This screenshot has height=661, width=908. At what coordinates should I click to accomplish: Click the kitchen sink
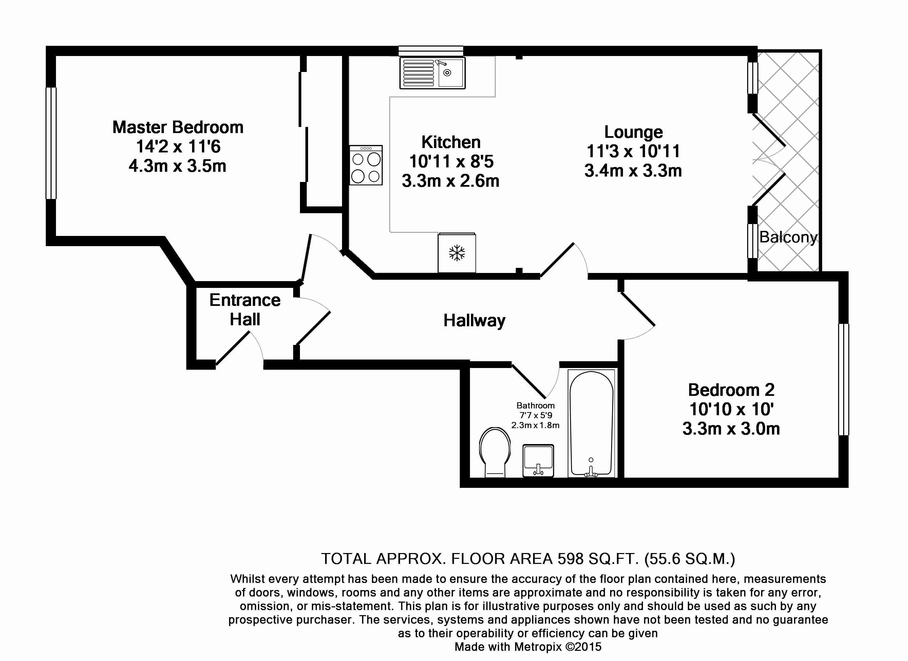[x=432, y=73]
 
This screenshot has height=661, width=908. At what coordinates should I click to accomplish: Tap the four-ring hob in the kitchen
[x=366, y=165]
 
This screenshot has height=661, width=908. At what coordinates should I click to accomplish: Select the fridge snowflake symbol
[x=457, y=253]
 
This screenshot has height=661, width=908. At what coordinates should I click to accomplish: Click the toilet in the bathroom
[x=495, y=452]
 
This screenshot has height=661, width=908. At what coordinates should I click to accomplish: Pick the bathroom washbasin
[x=538, y=461]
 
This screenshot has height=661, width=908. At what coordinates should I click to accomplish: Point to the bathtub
[x=591, y=423]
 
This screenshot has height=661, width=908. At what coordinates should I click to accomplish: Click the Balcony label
[x=788, y=237]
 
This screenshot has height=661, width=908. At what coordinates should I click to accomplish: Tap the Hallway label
[x=474, y=320]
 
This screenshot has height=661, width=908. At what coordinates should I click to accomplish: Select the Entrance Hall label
[x=245, y=310]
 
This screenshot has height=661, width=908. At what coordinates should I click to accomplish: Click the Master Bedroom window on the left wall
[x=51, y=143]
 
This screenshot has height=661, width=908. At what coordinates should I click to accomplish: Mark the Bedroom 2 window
[x=844, y=379]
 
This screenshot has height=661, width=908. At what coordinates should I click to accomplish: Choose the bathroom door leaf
[x=529, y=381]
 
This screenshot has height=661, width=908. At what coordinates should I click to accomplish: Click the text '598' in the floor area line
[x=571, y=558]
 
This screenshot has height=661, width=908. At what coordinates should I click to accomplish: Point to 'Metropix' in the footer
[x=537, y=647]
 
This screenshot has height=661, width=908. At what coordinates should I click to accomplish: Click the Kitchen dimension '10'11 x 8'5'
[x=451, y=162]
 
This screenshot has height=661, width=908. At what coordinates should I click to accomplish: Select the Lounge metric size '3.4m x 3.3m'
[x=633, y=171]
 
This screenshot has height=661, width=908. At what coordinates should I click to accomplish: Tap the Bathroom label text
[x=535, y=405]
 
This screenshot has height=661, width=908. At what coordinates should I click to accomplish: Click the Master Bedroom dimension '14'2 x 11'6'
[x=178, y=147]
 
